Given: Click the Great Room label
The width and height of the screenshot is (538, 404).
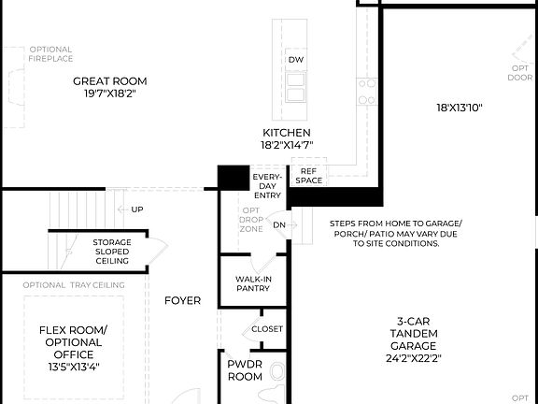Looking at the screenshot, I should pyautogui.click(x=110, y=87).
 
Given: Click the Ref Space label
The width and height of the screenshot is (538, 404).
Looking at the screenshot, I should pyautogui.click(x=309, y=175).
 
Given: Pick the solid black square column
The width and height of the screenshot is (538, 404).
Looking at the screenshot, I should pyautogui.click(x=233, y=178).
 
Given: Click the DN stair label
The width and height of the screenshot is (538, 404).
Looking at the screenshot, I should pyautogui.click(x=278, y=225).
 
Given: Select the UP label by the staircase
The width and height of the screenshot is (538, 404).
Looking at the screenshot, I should pyautogui.click(x=136, y=209).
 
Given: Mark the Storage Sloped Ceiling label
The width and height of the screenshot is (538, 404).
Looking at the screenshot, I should pyautogui.click(x=111, y=251).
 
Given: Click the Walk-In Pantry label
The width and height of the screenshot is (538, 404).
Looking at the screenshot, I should pyautogui.click(x=252, y=282).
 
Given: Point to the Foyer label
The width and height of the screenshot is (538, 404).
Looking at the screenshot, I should pyautogui.click(x=182, y=300).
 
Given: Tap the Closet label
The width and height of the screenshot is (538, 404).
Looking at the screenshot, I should pyautogui.click(x=267, y=329).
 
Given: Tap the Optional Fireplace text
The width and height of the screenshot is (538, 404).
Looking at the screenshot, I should pyautogui.click(x=50, y=53).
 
